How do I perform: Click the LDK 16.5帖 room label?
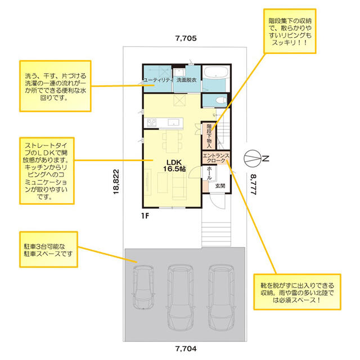174,165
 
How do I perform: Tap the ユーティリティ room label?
157,80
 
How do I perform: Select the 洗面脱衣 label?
186,80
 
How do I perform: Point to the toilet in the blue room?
221,100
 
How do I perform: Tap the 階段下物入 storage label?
209,136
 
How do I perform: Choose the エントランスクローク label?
216,158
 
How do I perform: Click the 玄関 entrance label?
220,186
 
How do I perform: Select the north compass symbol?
253,158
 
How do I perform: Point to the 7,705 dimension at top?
186,38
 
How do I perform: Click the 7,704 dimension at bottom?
186,349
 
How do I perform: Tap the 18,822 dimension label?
116,182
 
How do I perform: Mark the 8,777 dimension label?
253,184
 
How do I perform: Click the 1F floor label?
145,216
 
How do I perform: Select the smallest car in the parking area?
143,287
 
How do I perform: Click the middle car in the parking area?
181,298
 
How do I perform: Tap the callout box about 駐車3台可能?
48,249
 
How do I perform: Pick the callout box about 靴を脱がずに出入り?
297,292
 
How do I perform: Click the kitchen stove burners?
151,122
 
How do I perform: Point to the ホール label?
209,173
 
